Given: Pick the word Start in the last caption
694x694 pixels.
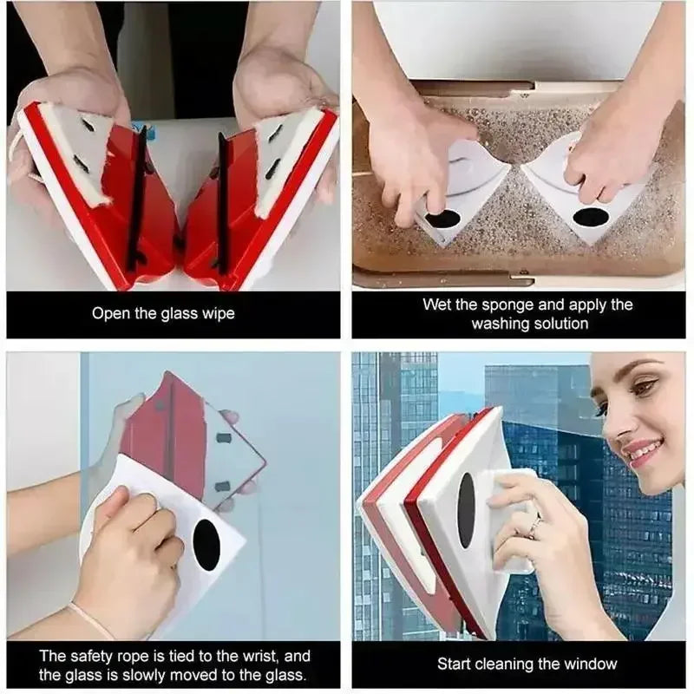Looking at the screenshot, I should click(456, 665).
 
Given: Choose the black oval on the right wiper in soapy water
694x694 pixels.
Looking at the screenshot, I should click(590, 217).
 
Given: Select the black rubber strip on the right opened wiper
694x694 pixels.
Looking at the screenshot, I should click(223, 200).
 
